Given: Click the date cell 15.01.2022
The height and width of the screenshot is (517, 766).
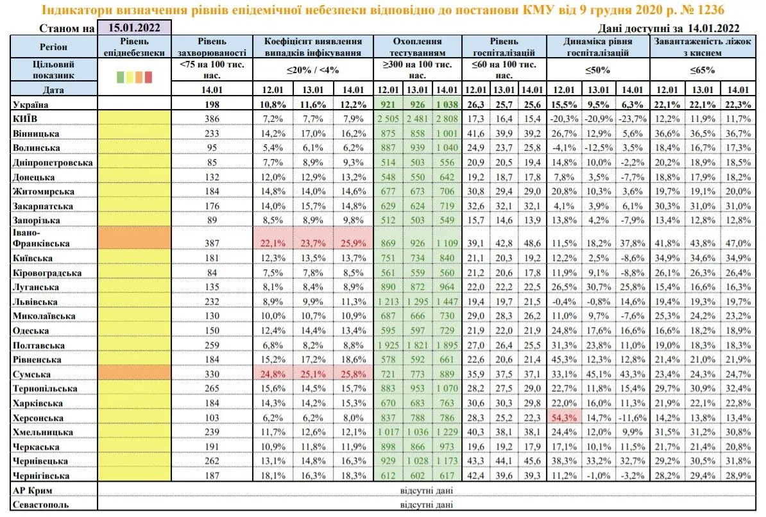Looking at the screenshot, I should [x=135, y=28].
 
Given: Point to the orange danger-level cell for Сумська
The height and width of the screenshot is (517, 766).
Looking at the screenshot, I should [x=134, y=373].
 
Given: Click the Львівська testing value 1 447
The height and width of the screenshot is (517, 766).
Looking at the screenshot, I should [x=446, y=301].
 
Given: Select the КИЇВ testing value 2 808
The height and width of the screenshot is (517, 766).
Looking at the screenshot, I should [x=446, y=119].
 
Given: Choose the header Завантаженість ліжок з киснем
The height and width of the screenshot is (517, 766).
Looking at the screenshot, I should [x=702, y=46].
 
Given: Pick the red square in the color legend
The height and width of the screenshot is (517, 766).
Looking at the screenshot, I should [x=148, y=77].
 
